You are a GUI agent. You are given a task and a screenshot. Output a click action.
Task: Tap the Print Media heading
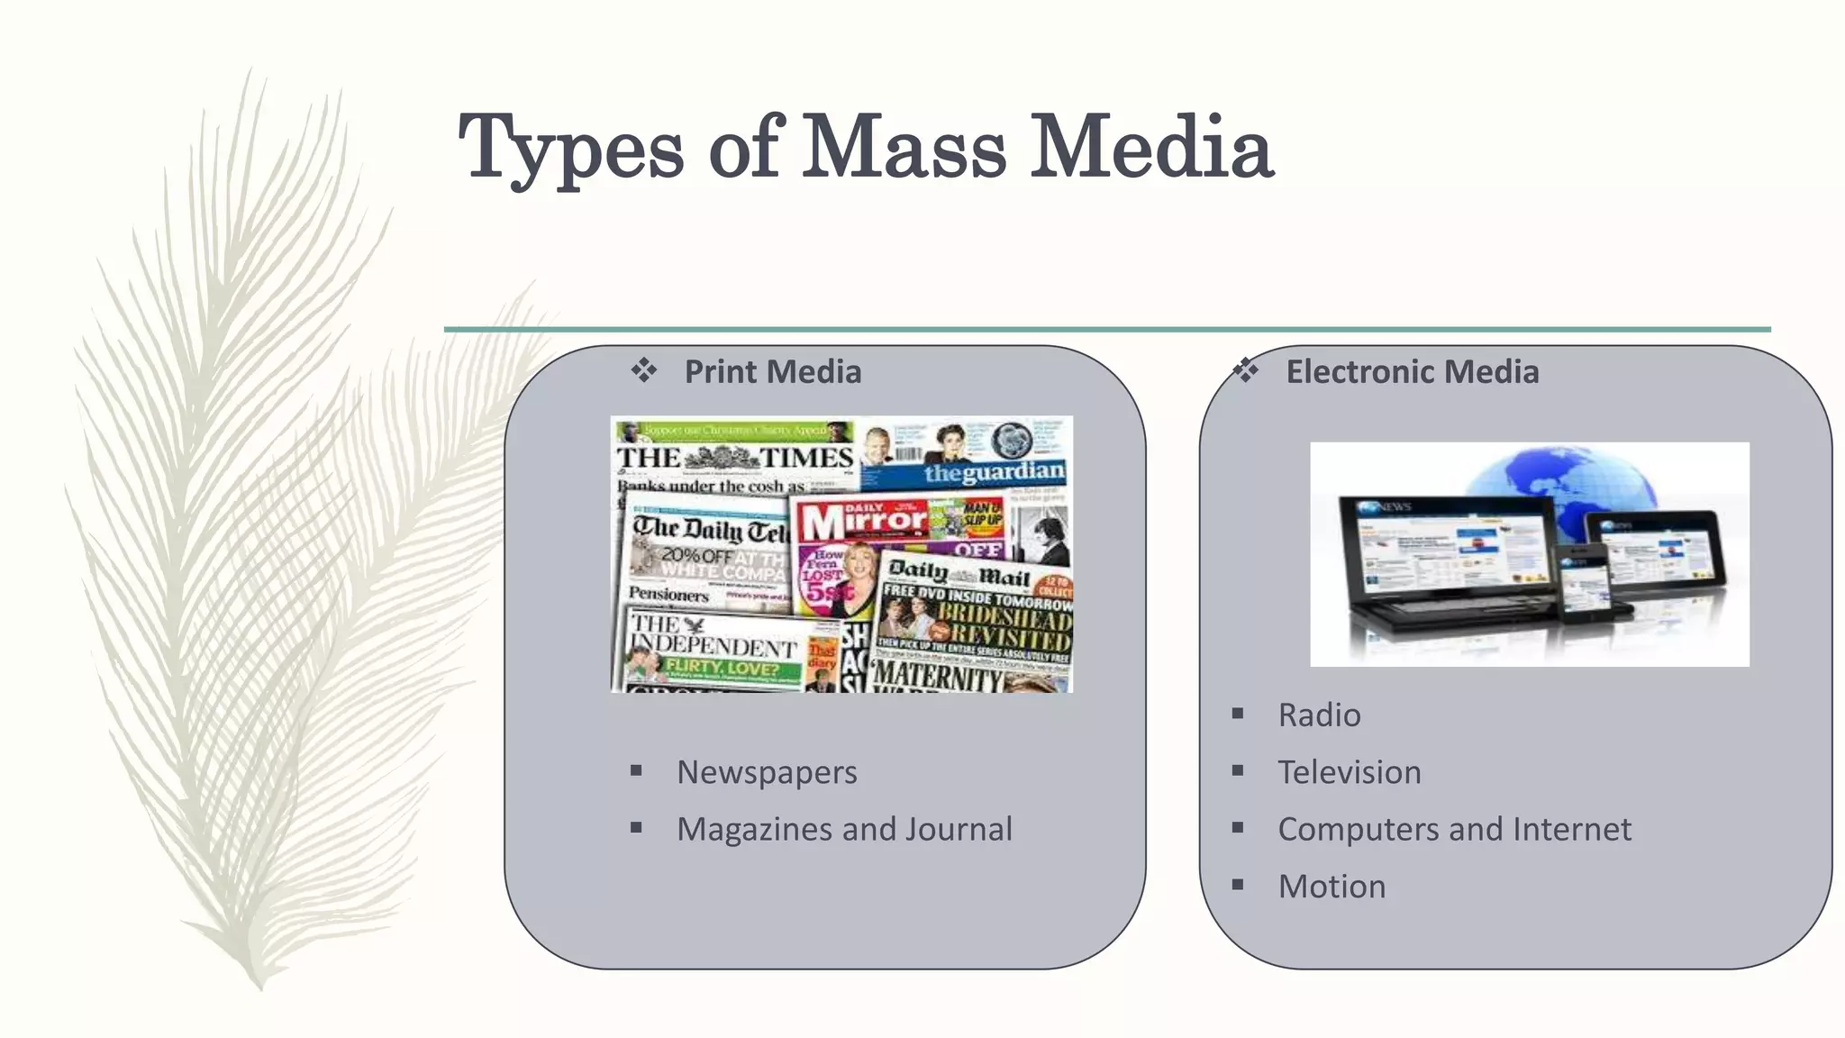pos(772,371)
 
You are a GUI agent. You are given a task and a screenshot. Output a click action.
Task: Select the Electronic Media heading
pos(1412,371)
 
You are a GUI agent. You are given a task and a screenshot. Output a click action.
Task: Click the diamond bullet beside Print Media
pos(643,370)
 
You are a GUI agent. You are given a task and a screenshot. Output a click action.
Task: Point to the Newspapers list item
pos(767,772)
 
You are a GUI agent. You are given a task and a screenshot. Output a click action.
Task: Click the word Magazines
pos(755,829)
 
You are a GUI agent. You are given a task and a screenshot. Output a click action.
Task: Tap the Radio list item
pos(1319,715)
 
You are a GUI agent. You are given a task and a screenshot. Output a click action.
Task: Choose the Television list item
pos(1349,772)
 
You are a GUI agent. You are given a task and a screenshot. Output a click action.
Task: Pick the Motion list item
pos(1331,887)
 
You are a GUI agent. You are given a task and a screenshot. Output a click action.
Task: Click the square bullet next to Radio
pos(1238,714)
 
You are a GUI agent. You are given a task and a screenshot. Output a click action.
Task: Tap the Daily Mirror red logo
pos(863,521)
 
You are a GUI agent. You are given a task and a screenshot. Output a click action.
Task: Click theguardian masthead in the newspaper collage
pos(993,472)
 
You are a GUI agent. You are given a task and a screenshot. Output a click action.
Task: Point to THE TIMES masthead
pos(734,458)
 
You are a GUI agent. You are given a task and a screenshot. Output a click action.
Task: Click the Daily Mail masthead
pos(959,572)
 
